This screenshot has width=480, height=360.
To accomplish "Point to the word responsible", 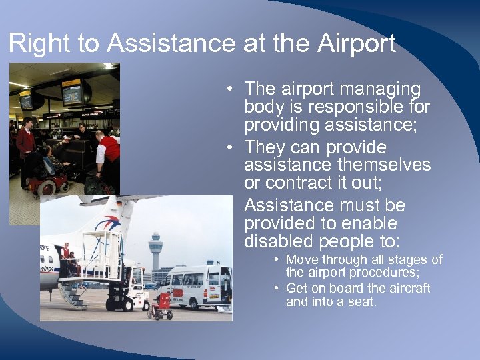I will click(x=351, y=107).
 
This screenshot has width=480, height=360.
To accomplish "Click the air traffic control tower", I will click(x=155, y=250).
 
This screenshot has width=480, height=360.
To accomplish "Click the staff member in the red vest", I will click(x=107, y=153).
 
